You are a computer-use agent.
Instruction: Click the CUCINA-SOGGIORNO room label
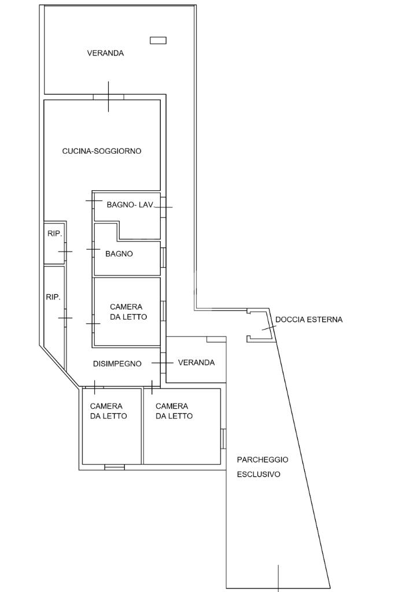[x=102, y=151]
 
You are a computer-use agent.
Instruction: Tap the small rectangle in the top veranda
[x=158, y=40]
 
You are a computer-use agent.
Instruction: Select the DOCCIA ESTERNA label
[x=309, y=319]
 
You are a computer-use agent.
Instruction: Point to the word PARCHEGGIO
[x=263, y=460]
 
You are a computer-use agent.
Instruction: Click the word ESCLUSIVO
[x=259, y=474]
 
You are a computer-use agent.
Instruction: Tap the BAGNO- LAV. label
[x=130, y=205]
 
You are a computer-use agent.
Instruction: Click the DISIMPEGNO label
[x=117, y=364]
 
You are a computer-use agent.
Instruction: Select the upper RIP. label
[x=54, y=234]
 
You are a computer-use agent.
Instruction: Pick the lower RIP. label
[x=53, y=297]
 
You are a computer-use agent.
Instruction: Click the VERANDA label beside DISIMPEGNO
[x=196, y=362]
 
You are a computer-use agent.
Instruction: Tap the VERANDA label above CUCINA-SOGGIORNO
[x=106, y=53]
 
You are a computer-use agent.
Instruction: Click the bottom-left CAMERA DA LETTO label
[x=109, y=411]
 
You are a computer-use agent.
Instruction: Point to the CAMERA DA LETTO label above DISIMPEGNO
[x=128, y=312]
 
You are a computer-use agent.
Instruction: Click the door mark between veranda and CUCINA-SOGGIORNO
[x=108, y=97]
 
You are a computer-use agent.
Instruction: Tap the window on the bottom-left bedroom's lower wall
[x=114, y=467]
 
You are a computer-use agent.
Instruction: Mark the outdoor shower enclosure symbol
[x=260, y=325]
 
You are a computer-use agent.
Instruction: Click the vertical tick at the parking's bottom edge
[x=278, y=578]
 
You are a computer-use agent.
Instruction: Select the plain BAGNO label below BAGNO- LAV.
[x=119, y=254]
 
